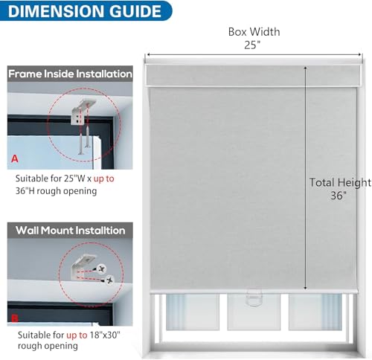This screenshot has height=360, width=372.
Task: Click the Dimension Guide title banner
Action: pos(86,10)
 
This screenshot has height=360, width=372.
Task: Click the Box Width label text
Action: pos(254,32)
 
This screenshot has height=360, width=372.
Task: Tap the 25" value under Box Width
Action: pos(252,45)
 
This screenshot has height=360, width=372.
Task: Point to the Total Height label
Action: pos(340,183)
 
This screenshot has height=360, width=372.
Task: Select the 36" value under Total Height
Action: pos(339,196)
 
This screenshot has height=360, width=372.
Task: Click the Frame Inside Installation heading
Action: pos(70,74)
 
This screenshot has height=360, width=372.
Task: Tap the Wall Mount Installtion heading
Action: pos(71,231)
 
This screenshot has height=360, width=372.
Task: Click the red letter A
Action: pos(15,158)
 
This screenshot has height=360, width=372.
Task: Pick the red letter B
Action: pos(15,318)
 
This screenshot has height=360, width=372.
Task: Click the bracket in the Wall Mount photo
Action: pos(80,267)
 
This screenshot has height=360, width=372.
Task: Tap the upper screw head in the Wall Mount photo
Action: pos(101,269)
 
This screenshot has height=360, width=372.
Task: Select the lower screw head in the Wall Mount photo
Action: pos(109,280)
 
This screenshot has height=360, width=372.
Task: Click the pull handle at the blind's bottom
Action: pos(254,298)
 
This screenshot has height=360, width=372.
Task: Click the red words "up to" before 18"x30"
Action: pos(77,335)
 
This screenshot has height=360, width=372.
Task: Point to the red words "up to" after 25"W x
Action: pos(104,179)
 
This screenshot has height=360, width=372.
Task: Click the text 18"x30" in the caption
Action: pos(105,335)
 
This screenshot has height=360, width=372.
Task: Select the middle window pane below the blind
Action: pos(254,312)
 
